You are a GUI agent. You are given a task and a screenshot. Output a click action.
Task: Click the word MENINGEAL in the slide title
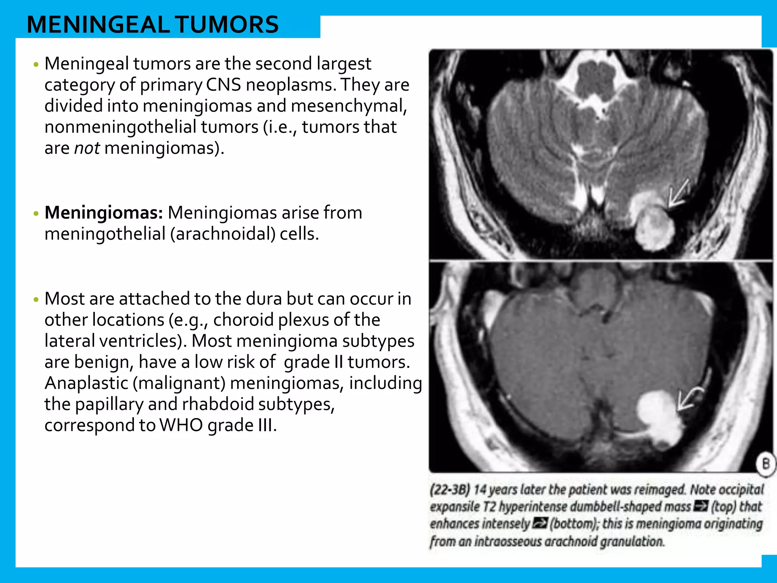click(98, 25)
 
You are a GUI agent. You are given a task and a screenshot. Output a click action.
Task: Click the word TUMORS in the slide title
click(227, 25)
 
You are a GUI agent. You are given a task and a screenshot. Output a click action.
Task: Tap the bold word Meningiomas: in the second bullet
click(104, 213)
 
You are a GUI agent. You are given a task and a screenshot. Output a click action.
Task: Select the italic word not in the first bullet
click(87, 148)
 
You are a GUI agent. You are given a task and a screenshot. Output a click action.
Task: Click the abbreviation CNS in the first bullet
click(223, 85)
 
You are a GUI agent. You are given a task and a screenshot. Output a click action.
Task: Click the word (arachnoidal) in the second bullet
click(223, 234)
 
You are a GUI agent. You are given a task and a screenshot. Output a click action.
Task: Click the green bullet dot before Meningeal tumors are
click(36, 65)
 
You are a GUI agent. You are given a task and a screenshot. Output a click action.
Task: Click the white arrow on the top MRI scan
click(678, 193)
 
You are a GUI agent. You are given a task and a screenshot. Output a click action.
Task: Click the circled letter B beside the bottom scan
click(766, 464)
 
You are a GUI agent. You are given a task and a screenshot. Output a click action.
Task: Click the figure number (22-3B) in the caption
click(450, 490)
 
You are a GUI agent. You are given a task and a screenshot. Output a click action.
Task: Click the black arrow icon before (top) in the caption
click(700, 506)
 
